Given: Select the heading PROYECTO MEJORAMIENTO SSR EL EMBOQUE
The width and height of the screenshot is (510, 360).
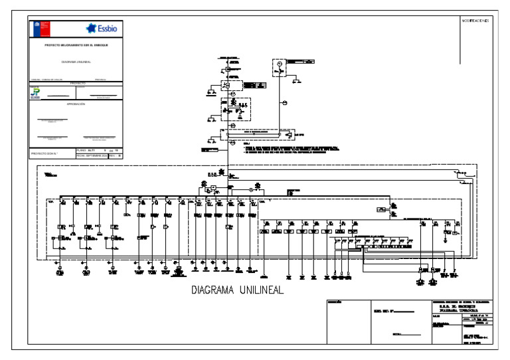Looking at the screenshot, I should (x=76, y=45).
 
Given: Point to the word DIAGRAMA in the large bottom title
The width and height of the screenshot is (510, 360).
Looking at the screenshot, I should (x=214, y=290).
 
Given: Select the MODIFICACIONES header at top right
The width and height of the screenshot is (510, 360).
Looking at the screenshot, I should (x=475, y=21).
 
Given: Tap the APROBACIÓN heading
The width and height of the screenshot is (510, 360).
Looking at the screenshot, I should (x=76, y=104).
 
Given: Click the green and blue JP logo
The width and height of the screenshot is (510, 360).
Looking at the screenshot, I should (x=35, y=93).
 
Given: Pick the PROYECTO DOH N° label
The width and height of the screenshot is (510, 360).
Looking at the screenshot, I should (x=46, y=153).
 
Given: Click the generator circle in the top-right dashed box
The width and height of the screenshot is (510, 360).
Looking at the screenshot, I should (x=280, y=64).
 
